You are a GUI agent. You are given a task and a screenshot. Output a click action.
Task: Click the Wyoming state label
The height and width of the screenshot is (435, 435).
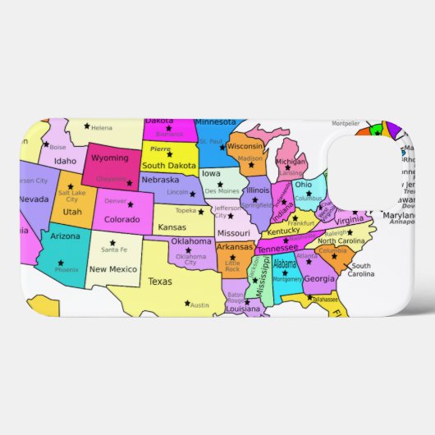(x=109, y=158)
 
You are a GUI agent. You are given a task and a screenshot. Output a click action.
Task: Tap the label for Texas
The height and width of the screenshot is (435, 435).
(x=161, y=281)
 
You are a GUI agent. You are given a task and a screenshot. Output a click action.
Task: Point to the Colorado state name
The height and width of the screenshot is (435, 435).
(x=121, y=219)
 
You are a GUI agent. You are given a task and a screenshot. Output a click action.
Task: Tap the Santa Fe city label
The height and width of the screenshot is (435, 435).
(x=114, y=250)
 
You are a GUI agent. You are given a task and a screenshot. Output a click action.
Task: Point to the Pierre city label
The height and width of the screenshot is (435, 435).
(x=160, y=149)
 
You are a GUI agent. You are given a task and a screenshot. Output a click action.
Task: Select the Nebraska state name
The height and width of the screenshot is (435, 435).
(x=160, y=180)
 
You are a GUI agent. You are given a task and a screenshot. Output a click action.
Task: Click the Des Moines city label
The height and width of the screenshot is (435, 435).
(x=222, y=191)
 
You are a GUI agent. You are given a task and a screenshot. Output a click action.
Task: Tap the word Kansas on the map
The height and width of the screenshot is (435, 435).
(x=172, y=227)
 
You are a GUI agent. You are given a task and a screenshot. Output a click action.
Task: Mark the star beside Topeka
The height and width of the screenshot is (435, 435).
(x=200, y=212)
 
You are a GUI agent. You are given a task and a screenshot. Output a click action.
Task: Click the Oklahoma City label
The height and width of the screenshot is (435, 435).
(x=190, y=259)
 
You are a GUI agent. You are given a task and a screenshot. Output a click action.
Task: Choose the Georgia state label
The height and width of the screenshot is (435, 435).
(x=319, y=278)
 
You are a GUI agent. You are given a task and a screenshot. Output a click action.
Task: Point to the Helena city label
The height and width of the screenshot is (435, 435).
(x=102, y=128)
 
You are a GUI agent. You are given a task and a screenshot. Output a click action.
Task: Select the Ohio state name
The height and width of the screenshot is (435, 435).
(x=304, y=184)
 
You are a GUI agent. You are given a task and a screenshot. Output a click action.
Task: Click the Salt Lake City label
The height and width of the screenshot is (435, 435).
(x=72, y=195)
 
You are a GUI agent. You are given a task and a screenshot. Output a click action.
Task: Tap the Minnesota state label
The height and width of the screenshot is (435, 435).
(x=215, y=122)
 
